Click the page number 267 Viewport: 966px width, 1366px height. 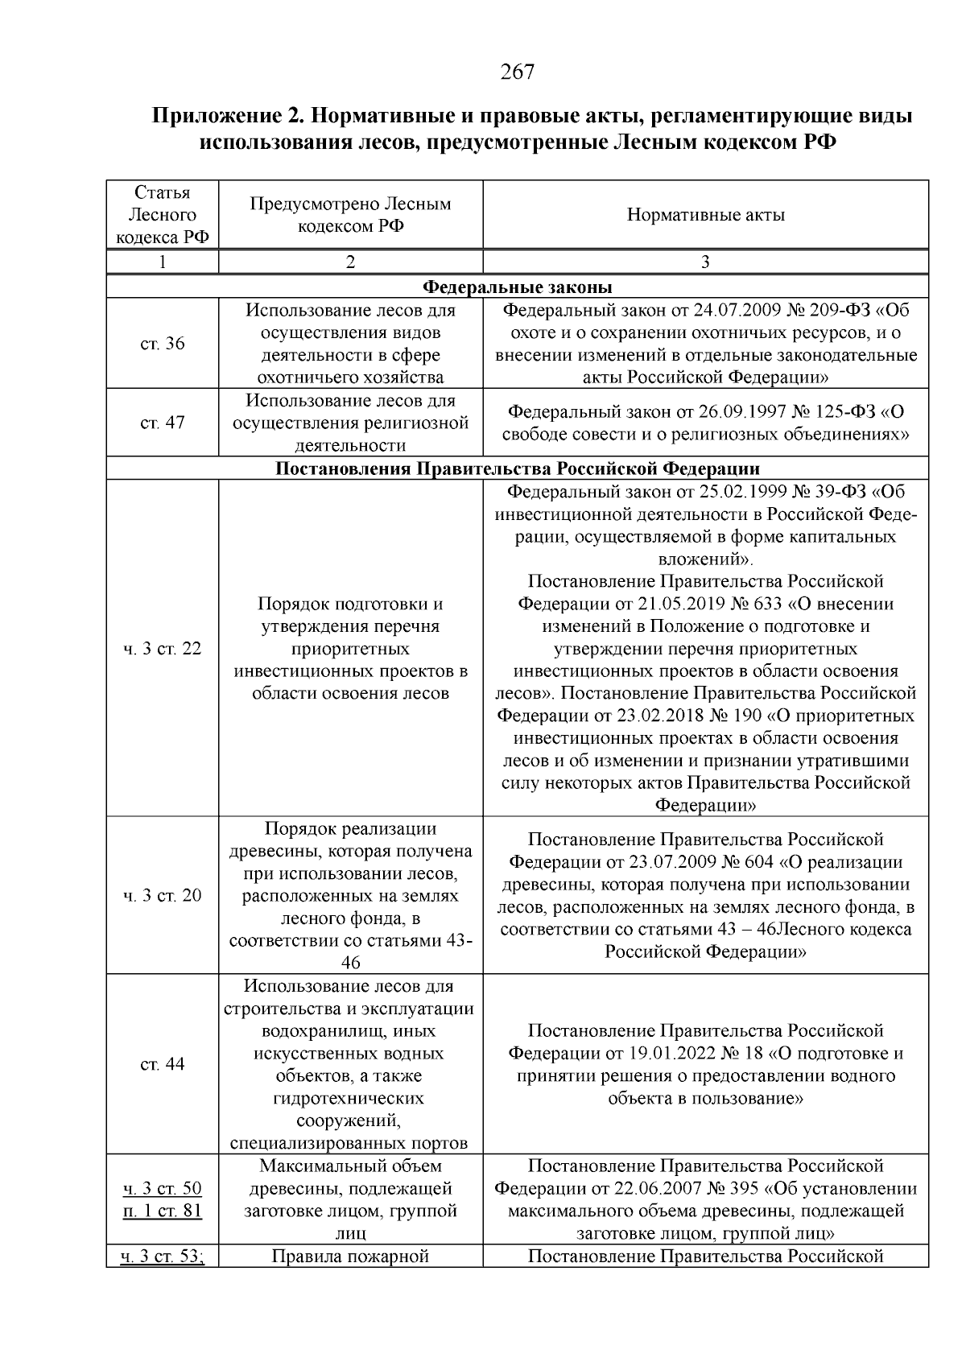(x=517, y=72)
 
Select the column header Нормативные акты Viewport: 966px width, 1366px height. (x=705, y=215)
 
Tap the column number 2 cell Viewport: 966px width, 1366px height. (x=350, y=262)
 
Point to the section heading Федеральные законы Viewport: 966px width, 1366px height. (x=517, y=287)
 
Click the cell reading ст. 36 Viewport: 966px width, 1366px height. (x=163, y=344)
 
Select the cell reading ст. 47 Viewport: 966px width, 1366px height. (x=163, y=423)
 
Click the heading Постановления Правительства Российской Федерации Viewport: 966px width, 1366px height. (x=517, y=468)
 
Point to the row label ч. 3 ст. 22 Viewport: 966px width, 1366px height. (x=163, y=649)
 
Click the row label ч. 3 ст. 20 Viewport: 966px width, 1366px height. (x=163, y=896)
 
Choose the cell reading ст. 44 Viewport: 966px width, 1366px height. (x=163, y=1064)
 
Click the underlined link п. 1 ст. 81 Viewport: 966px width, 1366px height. (x=163, y=1211)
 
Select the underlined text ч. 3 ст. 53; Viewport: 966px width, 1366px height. (x=163, y=1256)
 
